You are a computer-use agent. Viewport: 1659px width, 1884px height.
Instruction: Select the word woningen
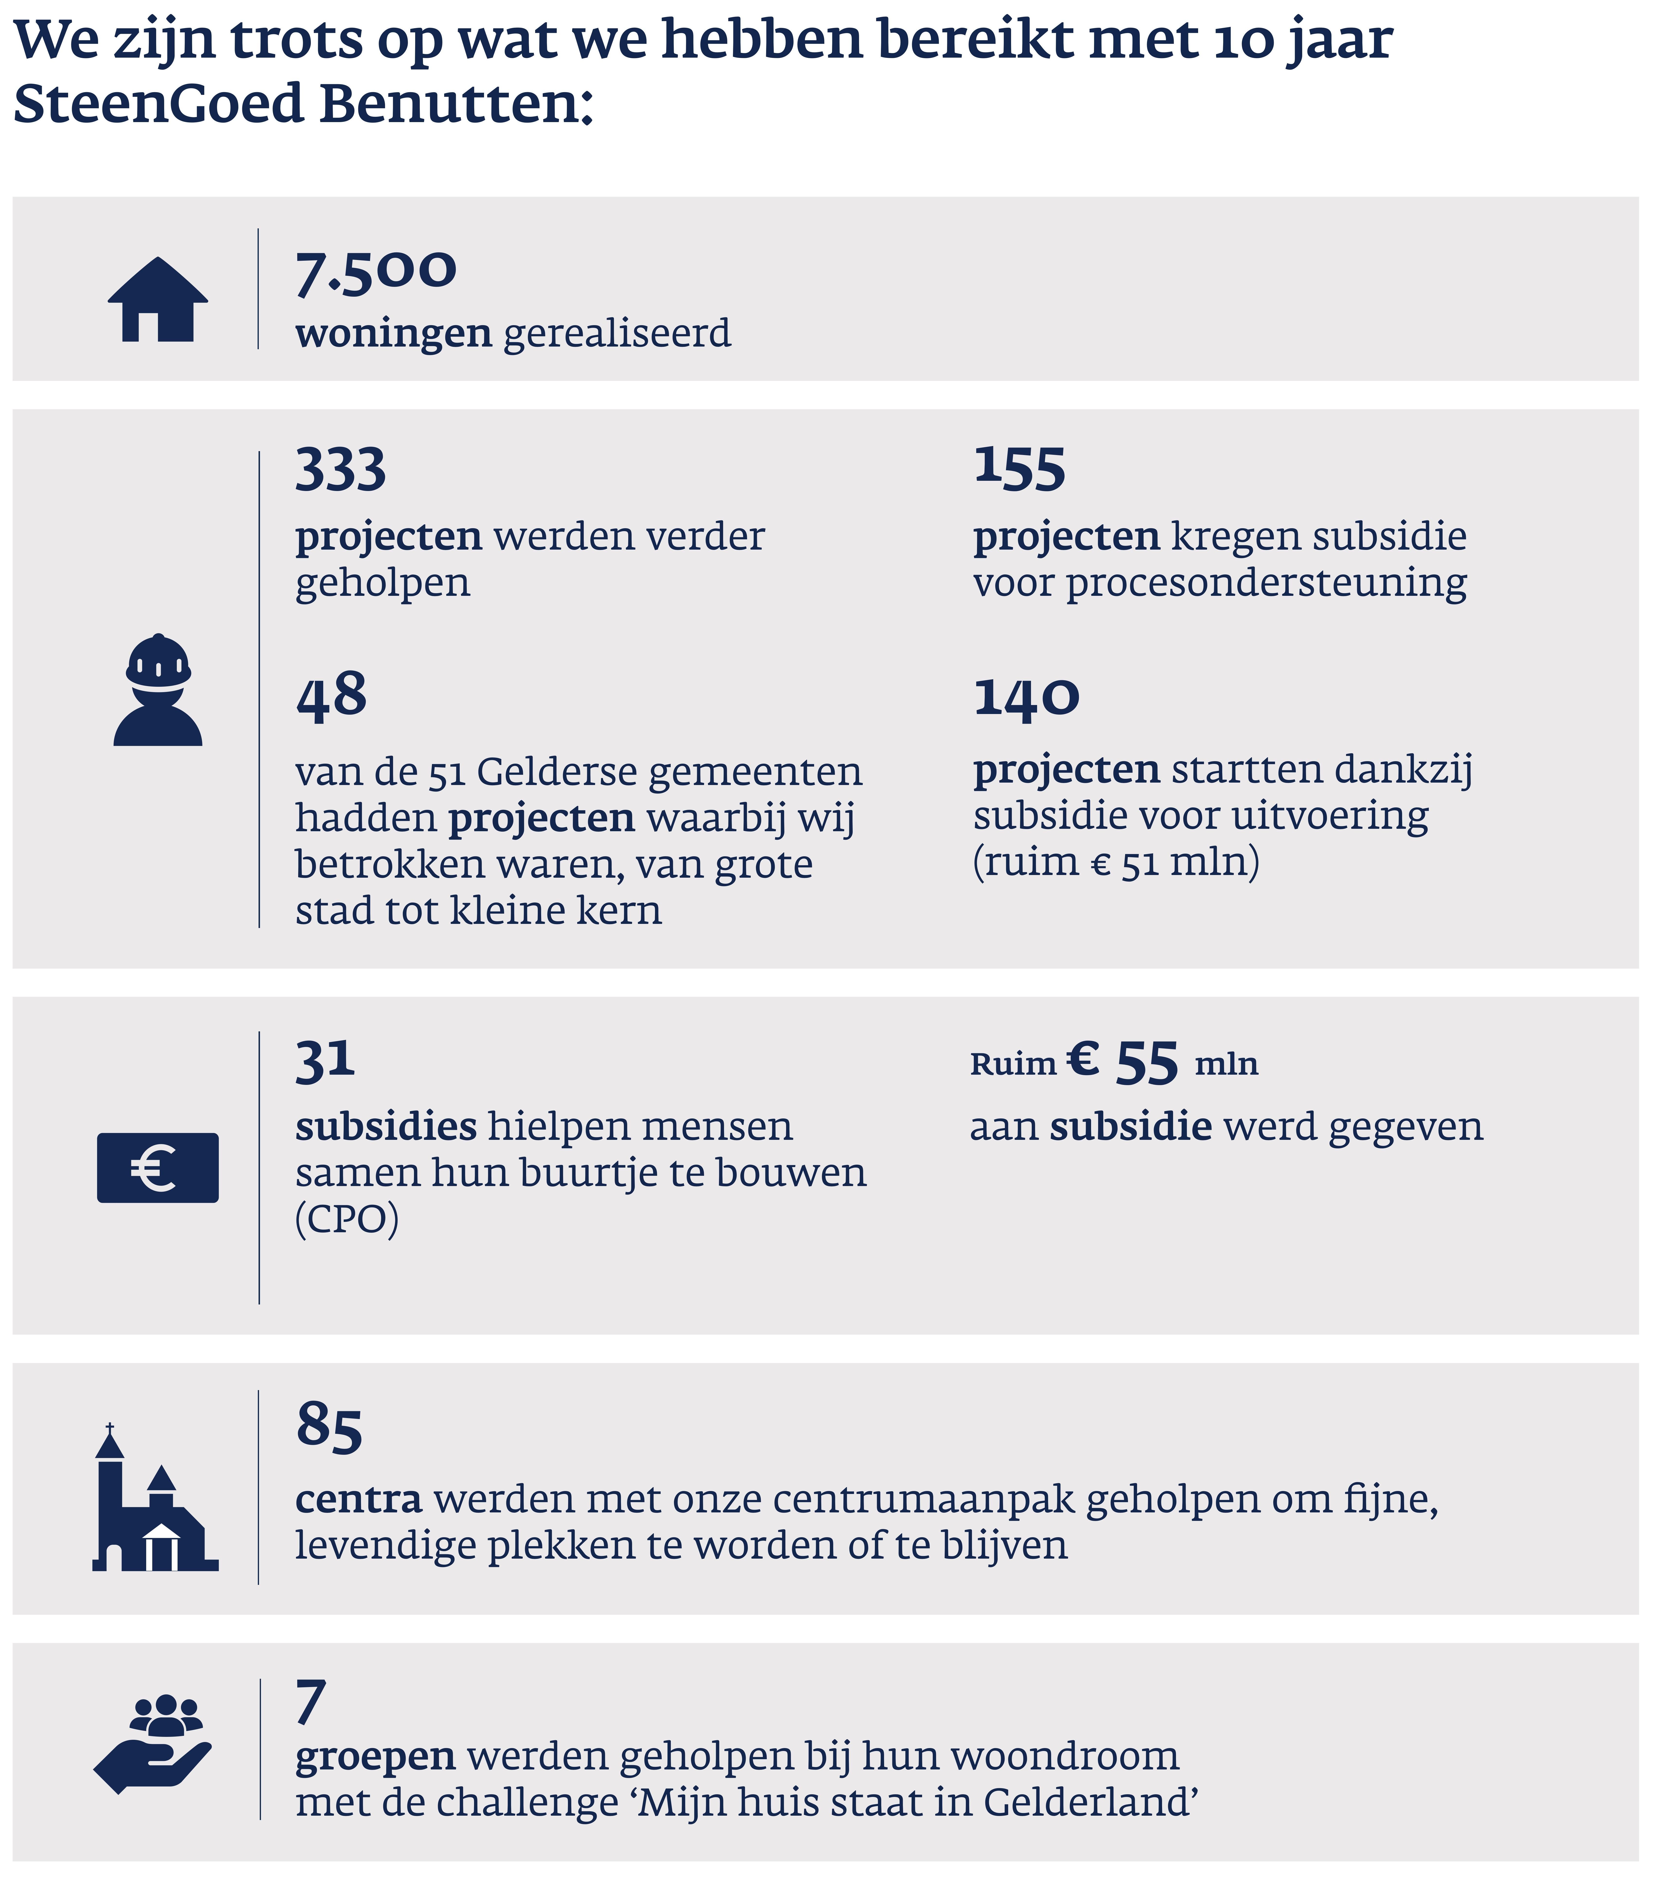click(x=394, y=334)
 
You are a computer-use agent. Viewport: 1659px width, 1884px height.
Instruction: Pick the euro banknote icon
click(x=158, y=1168)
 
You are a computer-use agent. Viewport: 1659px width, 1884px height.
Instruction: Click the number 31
click(x=324, y=1060)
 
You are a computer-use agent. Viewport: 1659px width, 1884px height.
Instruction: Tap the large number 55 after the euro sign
click(x=1147, y=1063)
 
